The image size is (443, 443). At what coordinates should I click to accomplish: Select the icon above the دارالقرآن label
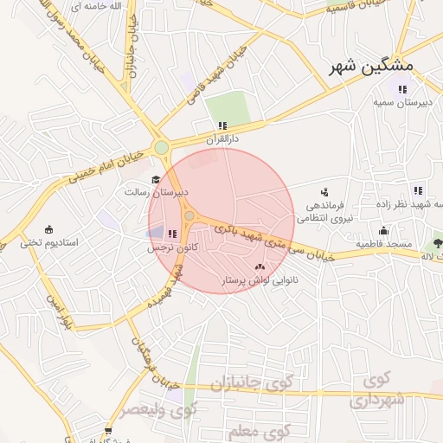pyautogui.click(x=222, y=125)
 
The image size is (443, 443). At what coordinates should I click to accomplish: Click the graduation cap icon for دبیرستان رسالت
pyautogui.click(x=155, y=180)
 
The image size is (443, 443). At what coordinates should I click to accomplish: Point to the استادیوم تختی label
pyautogui.click(x=49, y=243)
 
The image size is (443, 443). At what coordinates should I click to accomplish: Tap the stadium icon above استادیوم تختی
pyautogui.click(x=49, y=230)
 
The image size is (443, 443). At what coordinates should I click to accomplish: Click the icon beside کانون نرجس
pyautogui.click(x=171, y=234)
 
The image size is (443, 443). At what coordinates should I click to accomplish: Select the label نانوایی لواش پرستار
pyautogui.click(x=260, y=281)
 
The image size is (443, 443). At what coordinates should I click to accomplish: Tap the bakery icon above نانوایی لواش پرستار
pyautogui.click(x=260, y=267)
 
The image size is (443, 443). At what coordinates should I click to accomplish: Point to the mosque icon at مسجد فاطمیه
pyautogui.click(x=383, y=230)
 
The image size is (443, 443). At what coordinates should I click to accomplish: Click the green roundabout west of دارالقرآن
pyautogui.click(x=161, y=148)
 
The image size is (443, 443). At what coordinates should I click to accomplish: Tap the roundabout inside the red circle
pyautogui.click(x=189, y=215)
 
